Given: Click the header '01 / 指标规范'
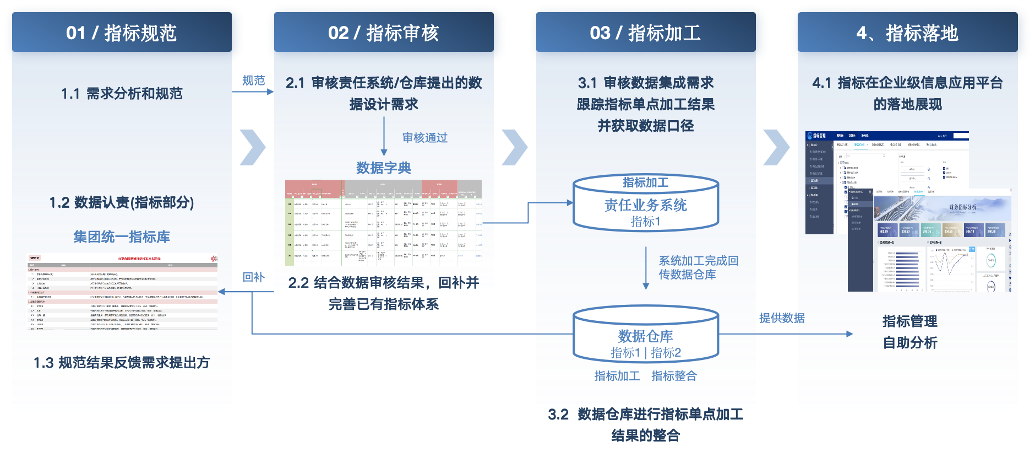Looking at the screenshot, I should (x=121, y=33).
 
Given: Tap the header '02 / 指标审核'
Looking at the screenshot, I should (x=383, y=33).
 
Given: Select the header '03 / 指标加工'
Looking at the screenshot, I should (x=645, y=33).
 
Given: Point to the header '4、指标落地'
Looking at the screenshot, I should (x=907, y=33).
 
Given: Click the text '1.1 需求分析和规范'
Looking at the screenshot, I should (x=122, y=94).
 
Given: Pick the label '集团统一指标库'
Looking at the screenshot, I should (x=122, y=237).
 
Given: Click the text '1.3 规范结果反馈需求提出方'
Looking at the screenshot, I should (x=122, y=363).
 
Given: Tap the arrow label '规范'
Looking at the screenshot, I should (x=253, y=80).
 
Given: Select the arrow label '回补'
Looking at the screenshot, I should (x=253, y=277).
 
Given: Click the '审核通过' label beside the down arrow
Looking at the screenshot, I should (x=425, y=138).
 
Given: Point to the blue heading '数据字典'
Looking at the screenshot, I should (x=384, y=168).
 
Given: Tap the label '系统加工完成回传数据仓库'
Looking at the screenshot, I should (x=698, y=267).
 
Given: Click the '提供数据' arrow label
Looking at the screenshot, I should (x=782, y=318).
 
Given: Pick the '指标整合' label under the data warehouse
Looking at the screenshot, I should (x=674, y=376).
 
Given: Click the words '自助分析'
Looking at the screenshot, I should (x=910, y=343).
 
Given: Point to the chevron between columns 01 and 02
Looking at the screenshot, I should (x=253, y=147).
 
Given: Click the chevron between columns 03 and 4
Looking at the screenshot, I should (x=776, y=147).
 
